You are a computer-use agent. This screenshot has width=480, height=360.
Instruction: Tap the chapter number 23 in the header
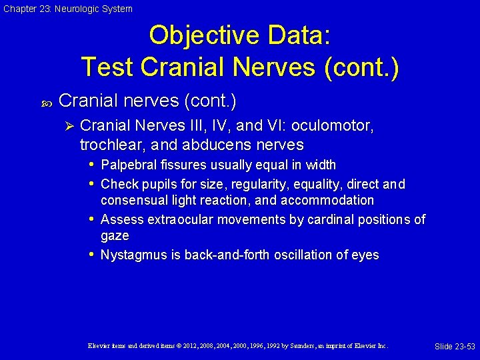click(x=45, y=9)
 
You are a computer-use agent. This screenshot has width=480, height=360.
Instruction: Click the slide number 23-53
click(x=455, y=347)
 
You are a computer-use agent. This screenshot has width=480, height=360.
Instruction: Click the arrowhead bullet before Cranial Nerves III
click(x=66, y=126)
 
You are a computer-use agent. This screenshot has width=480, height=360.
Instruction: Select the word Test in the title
click(x=107, y=67)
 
